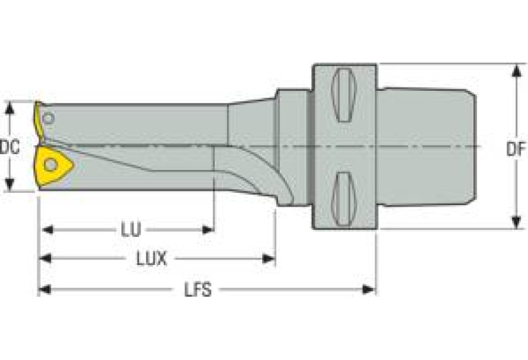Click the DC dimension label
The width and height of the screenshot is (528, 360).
tap(9, 147)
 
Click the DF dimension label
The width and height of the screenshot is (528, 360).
tap(516, 147)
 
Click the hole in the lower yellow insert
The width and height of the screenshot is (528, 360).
tap(51, 165)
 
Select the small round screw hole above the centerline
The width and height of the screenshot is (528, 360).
tap(47, 118)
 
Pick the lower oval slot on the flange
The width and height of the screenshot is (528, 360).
tap(344, 199)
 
